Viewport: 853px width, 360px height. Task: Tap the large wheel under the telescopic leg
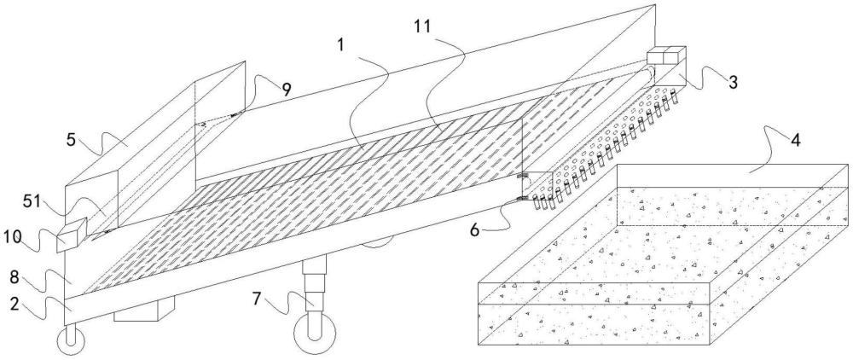(315, 334)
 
